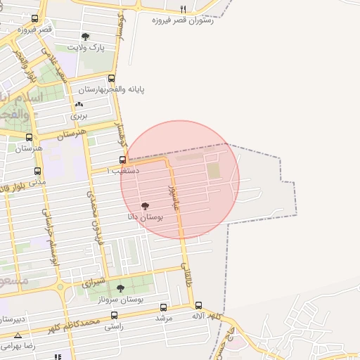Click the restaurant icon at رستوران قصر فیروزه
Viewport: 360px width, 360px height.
pos(184,9)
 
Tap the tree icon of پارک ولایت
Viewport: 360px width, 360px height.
pos(86,37)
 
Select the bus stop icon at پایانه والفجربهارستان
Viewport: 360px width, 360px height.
pos(111,79)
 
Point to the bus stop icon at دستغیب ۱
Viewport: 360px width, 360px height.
pos(122,160)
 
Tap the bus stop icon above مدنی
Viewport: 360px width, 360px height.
pos(37,171)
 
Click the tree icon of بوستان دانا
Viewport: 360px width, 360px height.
pos(145,207)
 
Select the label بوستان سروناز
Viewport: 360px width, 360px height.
pos(121,299)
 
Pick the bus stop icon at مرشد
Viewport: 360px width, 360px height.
pos(164,307)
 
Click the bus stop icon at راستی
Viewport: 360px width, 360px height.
pos(114,316)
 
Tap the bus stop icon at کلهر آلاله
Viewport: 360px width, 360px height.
pos(198,306)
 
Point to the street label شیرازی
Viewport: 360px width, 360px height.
pos(94,283)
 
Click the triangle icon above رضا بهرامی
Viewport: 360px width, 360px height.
pos(18,335)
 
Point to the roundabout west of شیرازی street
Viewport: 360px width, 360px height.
pos(61,287)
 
